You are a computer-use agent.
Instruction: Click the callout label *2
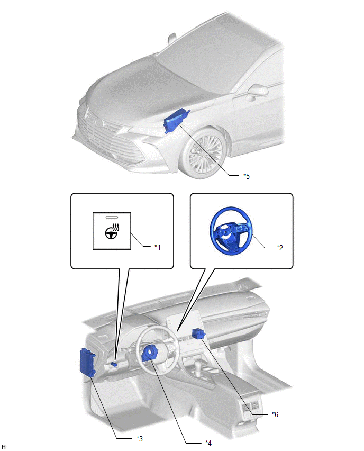tap(280, 247)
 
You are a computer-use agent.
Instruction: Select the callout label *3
tap(140, 438)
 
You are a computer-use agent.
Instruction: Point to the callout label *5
tap(246, 176)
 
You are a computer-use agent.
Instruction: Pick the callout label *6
tap(275, 414)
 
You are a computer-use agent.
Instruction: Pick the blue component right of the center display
tap(199, 334)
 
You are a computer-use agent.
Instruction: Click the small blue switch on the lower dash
tap(114, 365)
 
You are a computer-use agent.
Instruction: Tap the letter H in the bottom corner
tap(4, 447)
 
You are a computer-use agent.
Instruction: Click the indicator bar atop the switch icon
tap(113, 217)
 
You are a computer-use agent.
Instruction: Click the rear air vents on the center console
tap(249, 407)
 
